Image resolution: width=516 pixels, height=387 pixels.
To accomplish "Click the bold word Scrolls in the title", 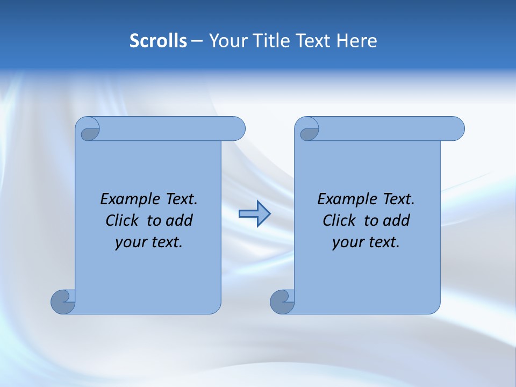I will [159, 41].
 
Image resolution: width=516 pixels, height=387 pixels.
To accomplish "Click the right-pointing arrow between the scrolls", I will [254, 214].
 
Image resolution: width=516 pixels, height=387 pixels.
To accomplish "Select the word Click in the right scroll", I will [339, 220].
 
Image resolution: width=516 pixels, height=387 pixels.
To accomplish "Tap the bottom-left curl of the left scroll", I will [63, 301].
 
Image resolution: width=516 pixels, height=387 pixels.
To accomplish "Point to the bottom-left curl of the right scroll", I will [282, 301].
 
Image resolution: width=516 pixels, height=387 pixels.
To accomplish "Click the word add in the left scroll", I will [179, 220].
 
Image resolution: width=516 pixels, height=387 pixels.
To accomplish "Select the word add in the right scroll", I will [396, 220].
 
